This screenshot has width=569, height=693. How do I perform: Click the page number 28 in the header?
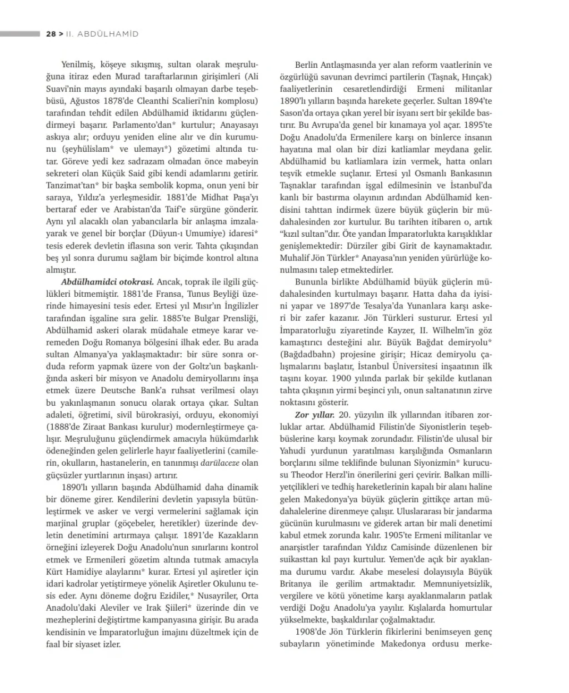click(x=51, y=34)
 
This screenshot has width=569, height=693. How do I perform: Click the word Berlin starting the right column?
click(x=306, y=65)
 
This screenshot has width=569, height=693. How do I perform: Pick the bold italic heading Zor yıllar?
click(x=315, y=415)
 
